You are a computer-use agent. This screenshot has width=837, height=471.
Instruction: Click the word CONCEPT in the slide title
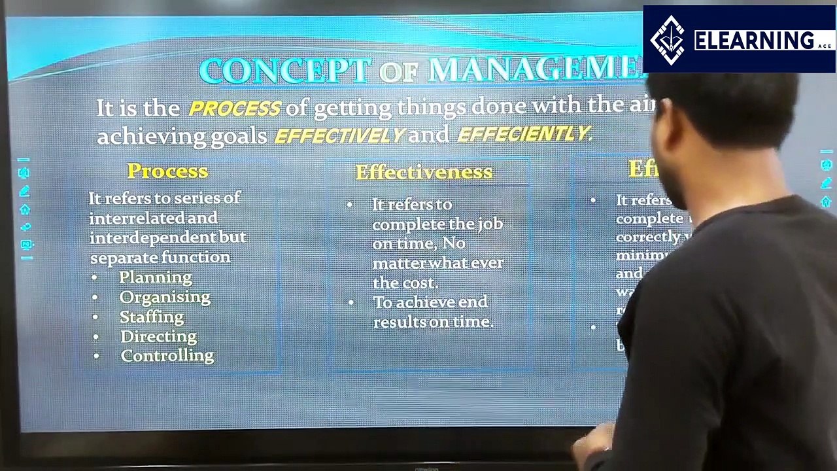pos(285,71)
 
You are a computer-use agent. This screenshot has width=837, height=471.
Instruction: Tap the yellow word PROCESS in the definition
pos(234,108)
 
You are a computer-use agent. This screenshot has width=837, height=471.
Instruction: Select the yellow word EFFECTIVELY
pos(339,135)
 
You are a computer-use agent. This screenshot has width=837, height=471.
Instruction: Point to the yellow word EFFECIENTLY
pos(523,134)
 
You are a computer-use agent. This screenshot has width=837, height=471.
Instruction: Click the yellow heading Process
pos(167,171)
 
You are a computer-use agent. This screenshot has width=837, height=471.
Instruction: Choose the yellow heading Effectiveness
pos(424,172)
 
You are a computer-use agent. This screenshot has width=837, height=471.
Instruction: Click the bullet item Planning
pos(156,277)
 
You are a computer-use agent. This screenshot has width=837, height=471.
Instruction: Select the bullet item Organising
pos(165,297)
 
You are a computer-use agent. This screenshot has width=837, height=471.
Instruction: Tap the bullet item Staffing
pos(152,317)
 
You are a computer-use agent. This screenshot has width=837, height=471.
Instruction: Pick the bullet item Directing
pos(158,336)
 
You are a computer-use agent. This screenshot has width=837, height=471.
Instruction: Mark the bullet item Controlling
pos(167,356)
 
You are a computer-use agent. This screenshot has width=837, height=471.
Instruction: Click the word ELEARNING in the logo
pos(754,41)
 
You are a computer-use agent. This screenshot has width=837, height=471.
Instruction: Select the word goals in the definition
pos(239,136)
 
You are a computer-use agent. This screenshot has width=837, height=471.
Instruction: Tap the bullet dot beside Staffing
pos(95,317)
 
